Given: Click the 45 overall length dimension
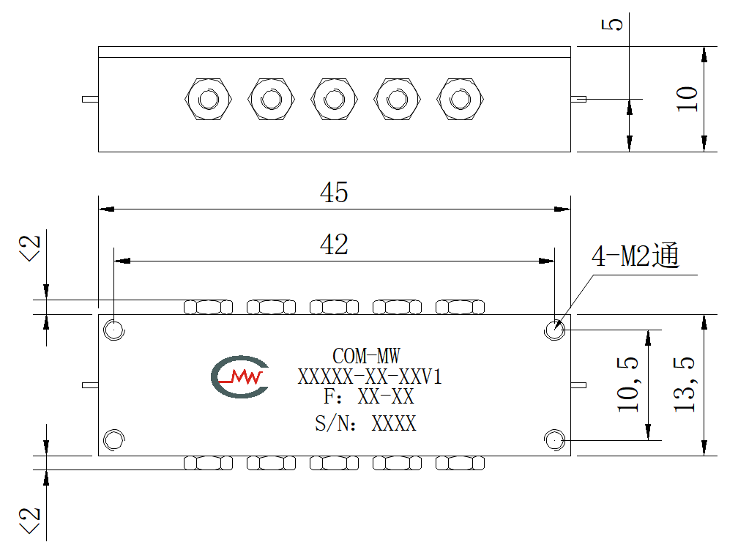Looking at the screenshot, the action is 334,192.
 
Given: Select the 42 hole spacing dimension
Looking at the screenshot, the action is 334,245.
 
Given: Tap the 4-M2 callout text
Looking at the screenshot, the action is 635,256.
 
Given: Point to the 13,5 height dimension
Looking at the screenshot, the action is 685,385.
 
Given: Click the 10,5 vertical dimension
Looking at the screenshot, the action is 628,385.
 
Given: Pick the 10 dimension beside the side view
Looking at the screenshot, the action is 687,99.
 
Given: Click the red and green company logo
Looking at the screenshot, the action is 240,376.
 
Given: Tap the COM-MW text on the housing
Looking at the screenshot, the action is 366,356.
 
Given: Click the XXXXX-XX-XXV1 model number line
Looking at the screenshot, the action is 370,376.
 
